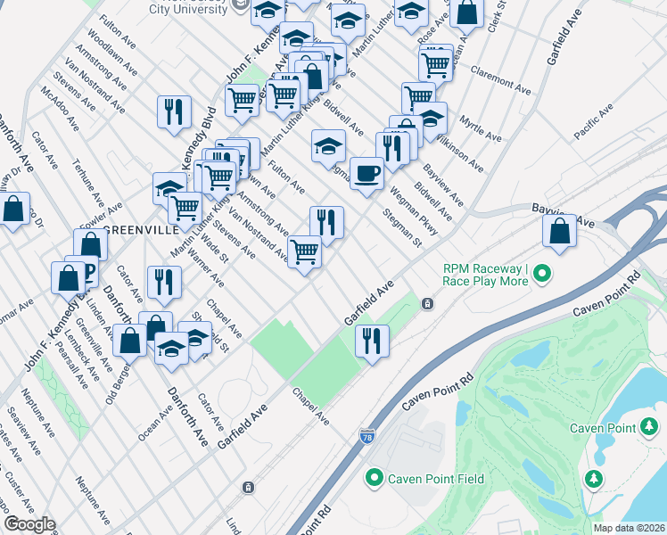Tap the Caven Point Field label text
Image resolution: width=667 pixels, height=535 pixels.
coord(436,479)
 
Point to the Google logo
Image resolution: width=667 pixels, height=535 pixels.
coord(29,524)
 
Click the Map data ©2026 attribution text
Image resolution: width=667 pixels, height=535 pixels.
coord(629,528)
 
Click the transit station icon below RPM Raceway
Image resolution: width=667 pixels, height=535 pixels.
coord(428,304)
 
